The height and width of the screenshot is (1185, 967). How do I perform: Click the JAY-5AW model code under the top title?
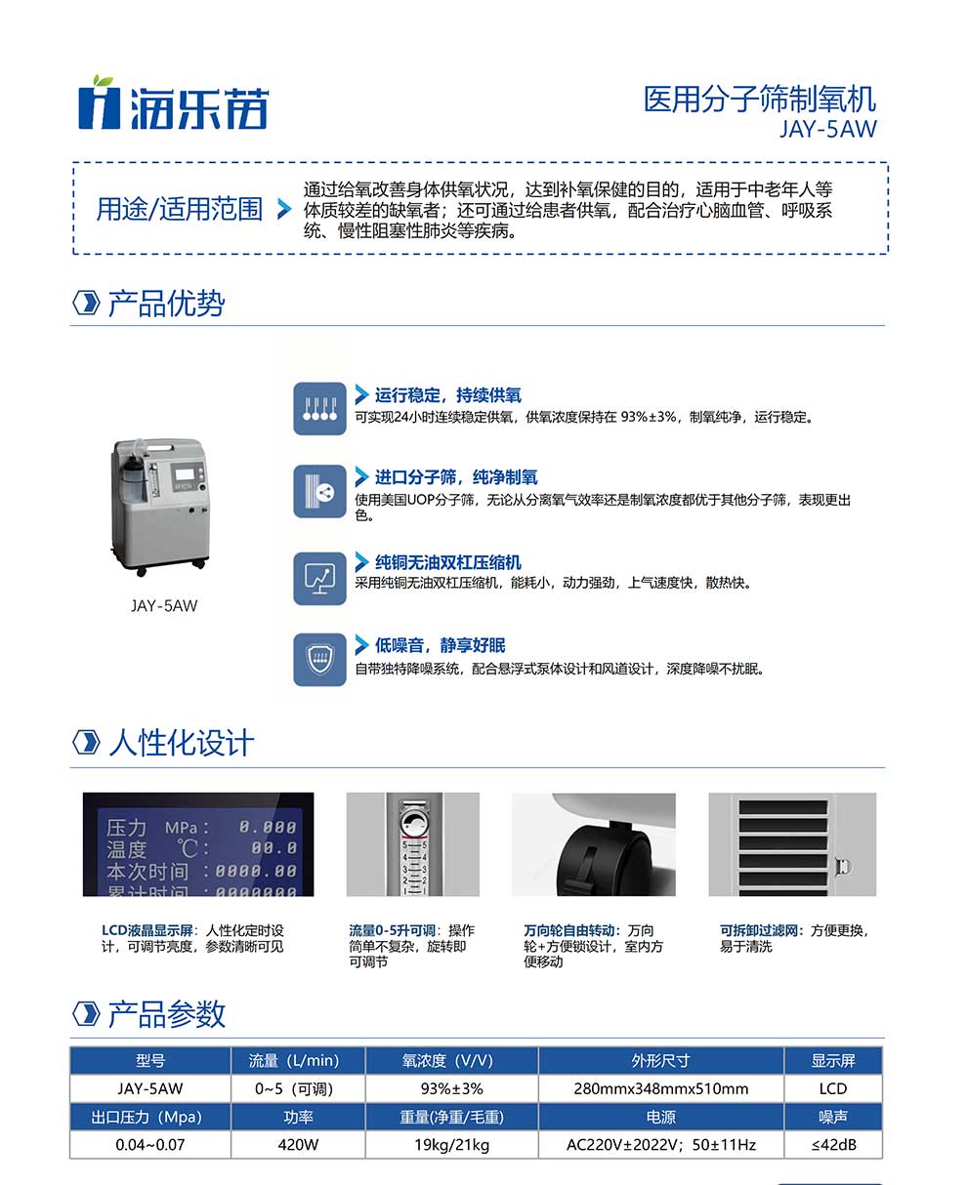click(x=827, y=129)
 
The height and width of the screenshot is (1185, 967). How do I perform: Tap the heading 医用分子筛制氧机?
click(x=759, y=99)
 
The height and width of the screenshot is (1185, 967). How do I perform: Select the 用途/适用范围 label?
click(x=180, y=209)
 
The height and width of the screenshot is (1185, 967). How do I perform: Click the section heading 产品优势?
click(x=165, y=304)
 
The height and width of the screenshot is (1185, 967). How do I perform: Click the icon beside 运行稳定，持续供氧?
click(x=319, y=408)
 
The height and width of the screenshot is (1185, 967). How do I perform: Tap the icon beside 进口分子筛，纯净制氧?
click(x=319, y=491)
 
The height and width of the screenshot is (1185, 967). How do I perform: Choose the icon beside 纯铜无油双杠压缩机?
click(x=319, y=578)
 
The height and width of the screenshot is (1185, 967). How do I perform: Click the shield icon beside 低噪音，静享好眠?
click(x=319, y=660)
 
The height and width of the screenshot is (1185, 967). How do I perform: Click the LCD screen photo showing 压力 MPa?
click(x=198, y=844)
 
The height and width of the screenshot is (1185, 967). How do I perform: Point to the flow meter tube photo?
click(x=413, y=844)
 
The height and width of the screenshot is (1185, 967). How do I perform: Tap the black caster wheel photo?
click(x=594, y=844)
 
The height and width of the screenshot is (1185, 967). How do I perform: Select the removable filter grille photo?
click(x=792, y=844)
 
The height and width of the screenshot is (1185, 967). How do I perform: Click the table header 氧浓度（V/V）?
click(x=451, y=1061)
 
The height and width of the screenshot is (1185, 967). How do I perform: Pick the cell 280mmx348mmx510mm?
click(x=660, y=1088)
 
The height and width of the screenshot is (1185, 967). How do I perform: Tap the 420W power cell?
click(x=298, y=1144)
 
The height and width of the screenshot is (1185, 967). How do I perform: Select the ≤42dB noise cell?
click(x=833, y=1144)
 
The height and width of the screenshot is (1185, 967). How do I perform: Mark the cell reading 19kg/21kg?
click(x=451, y=1144)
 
